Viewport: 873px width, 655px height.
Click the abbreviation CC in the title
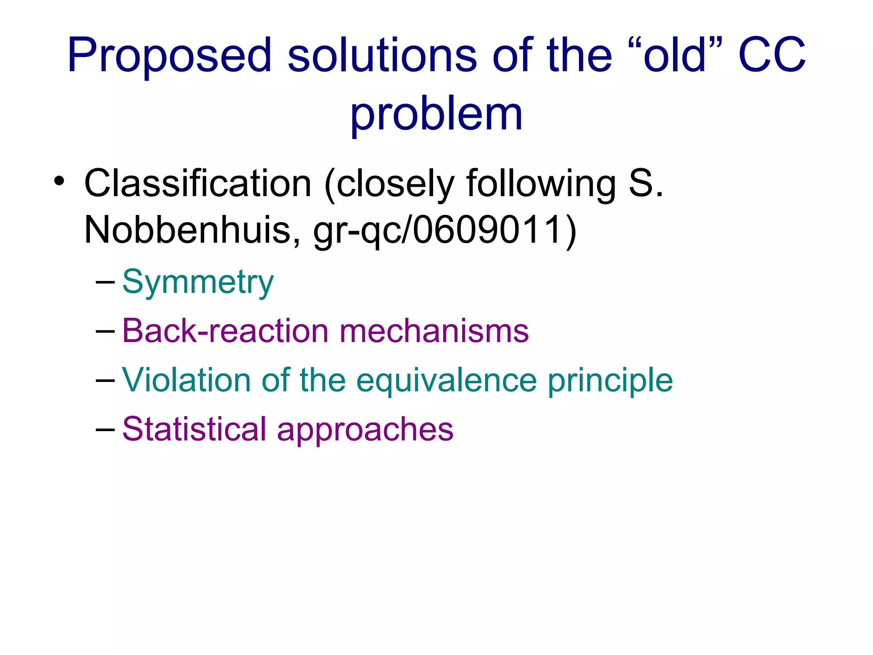click(x=772, y=55)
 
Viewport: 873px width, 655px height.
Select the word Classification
click(x=198, y=183)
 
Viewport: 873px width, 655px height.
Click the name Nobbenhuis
click(x=188, y=230)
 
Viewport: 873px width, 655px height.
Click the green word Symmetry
click(x=198, y=283)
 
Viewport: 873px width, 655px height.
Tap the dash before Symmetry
click(x=105, y=282)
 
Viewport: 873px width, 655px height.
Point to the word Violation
click(x=186, y=380)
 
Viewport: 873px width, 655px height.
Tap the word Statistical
click(x=194, y=429)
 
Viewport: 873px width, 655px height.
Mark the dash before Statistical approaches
click(x=105, y=429)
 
